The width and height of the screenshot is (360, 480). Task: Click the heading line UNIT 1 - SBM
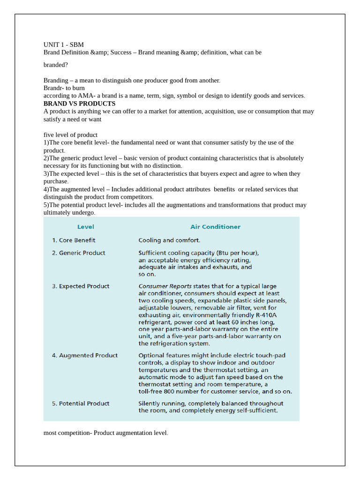(64, 45)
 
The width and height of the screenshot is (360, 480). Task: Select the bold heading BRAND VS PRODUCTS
(79, 103)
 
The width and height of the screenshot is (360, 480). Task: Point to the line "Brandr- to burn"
(64, 88)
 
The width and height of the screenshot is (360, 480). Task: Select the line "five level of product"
(70, 135)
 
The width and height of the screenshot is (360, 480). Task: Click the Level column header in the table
(85, 227)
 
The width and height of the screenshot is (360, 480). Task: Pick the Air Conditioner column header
(215, 227)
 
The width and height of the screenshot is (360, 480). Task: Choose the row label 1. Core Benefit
(74, 240)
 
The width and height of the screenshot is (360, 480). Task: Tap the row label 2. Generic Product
(78, 253)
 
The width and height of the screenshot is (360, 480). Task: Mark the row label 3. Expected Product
(80, 286)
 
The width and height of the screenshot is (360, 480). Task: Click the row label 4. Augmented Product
(84, 355)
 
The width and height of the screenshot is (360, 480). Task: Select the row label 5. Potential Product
(80, 403)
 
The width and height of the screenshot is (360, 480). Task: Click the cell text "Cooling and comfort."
(169, 240)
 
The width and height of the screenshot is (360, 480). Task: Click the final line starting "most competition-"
(105, 433)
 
